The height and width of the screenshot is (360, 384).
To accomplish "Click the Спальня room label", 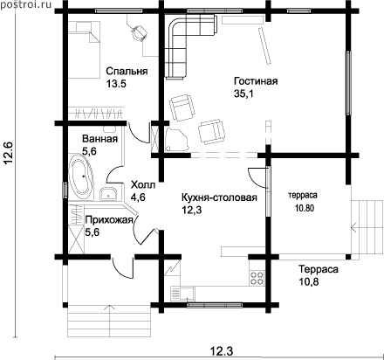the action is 127,71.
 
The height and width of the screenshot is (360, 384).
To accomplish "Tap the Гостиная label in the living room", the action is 256,80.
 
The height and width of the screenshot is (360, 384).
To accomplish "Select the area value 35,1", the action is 243,93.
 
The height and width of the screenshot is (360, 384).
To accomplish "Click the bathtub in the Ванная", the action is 80,176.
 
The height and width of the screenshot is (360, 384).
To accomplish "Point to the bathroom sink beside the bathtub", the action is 108,194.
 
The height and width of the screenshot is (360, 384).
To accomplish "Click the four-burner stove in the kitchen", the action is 257,278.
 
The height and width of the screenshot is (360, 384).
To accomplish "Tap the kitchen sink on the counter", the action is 183,293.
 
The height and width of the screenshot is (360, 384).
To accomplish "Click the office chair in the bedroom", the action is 139,32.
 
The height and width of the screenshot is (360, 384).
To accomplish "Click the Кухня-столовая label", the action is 219,197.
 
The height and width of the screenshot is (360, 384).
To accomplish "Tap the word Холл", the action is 143,185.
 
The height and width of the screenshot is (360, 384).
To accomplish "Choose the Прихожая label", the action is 109,220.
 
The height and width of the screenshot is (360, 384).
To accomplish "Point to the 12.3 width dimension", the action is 221,352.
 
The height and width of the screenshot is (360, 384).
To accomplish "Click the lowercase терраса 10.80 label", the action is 303,201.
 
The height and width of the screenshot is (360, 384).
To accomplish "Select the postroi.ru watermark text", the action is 25,4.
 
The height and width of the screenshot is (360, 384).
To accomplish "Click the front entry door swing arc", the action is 120,270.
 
